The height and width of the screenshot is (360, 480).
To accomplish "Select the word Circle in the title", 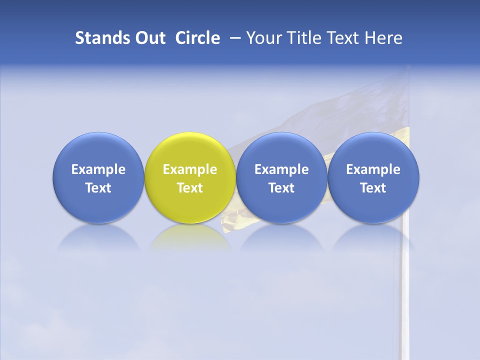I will tap(197, 38).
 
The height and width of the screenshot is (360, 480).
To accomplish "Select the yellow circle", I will tap(190, 177).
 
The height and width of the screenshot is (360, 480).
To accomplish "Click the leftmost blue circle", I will tap(98, 177).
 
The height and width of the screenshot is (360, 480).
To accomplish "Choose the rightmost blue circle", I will tap(373, 177).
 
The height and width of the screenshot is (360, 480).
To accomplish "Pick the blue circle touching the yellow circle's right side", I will tap(281, 177).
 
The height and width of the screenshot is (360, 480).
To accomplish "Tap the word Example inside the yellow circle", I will tap(190, 169).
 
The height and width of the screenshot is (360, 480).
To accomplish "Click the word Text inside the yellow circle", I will tap(190, 188).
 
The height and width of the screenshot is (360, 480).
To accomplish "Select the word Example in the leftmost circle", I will tap(98, 169).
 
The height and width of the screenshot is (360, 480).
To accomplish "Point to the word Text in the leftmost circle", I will tap(98, 188).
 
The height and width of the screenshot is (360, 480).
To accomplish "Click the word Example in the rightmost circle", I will tap(373, 169).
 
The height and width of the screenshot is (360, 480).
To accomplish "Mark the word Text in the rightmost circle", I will tap(373, 188).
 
